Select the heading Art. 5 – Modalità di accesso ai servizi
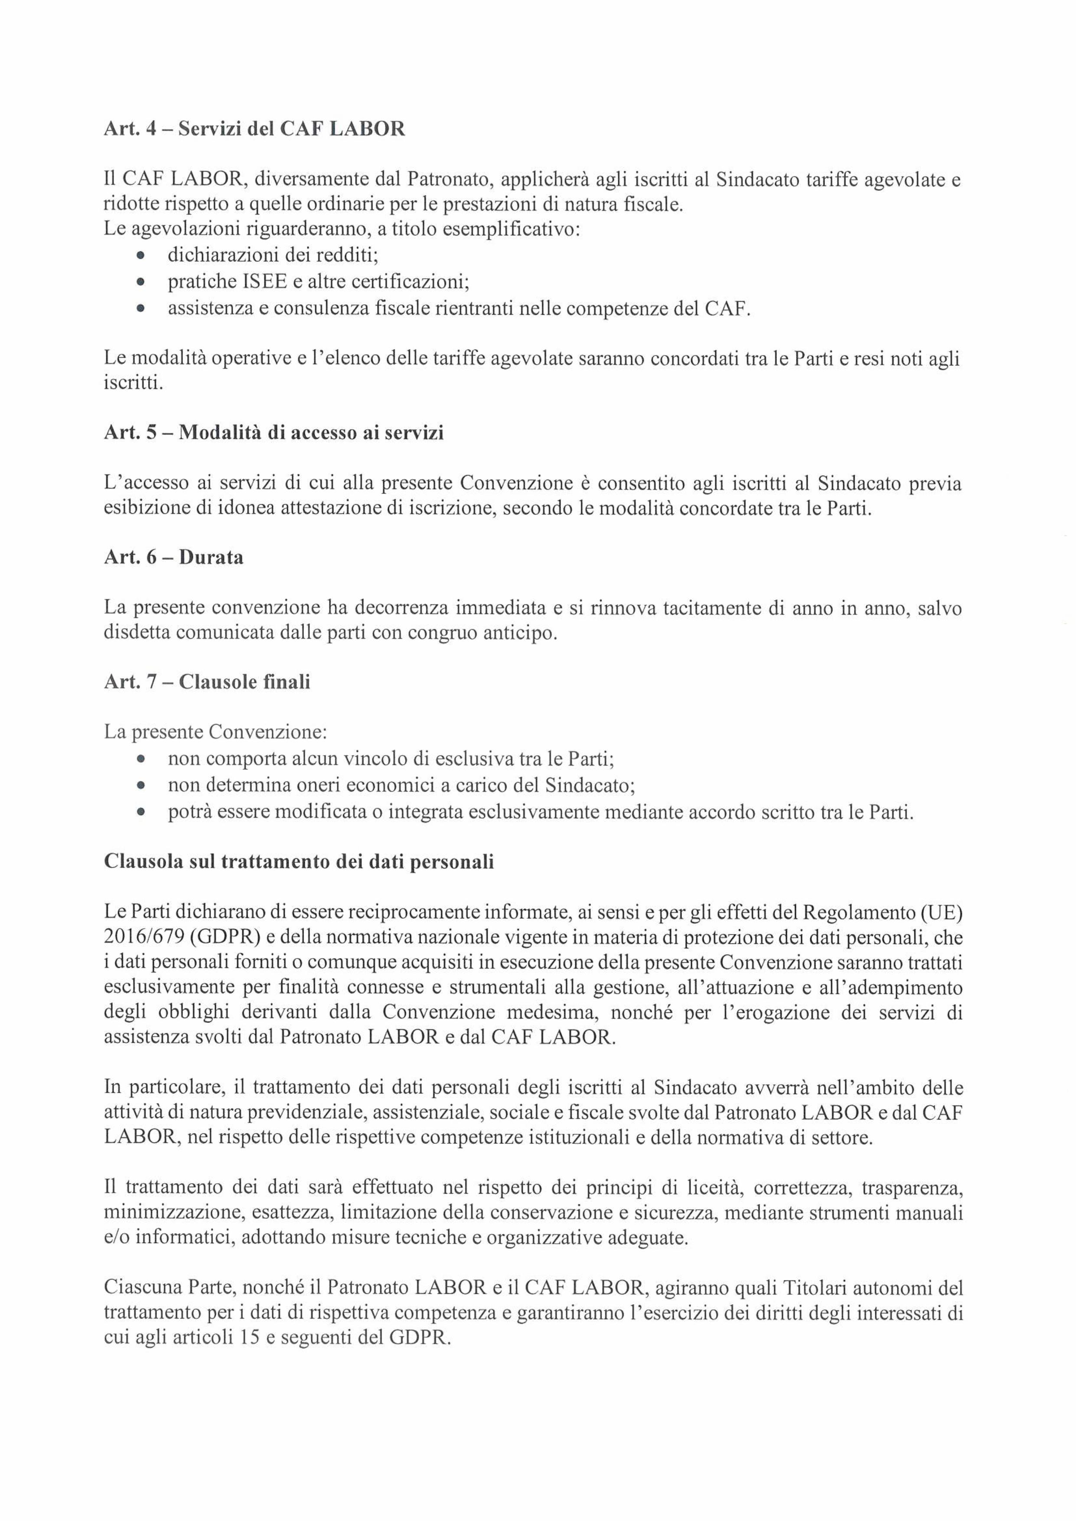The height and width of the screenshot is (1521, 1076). click(x=274, y=433)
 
